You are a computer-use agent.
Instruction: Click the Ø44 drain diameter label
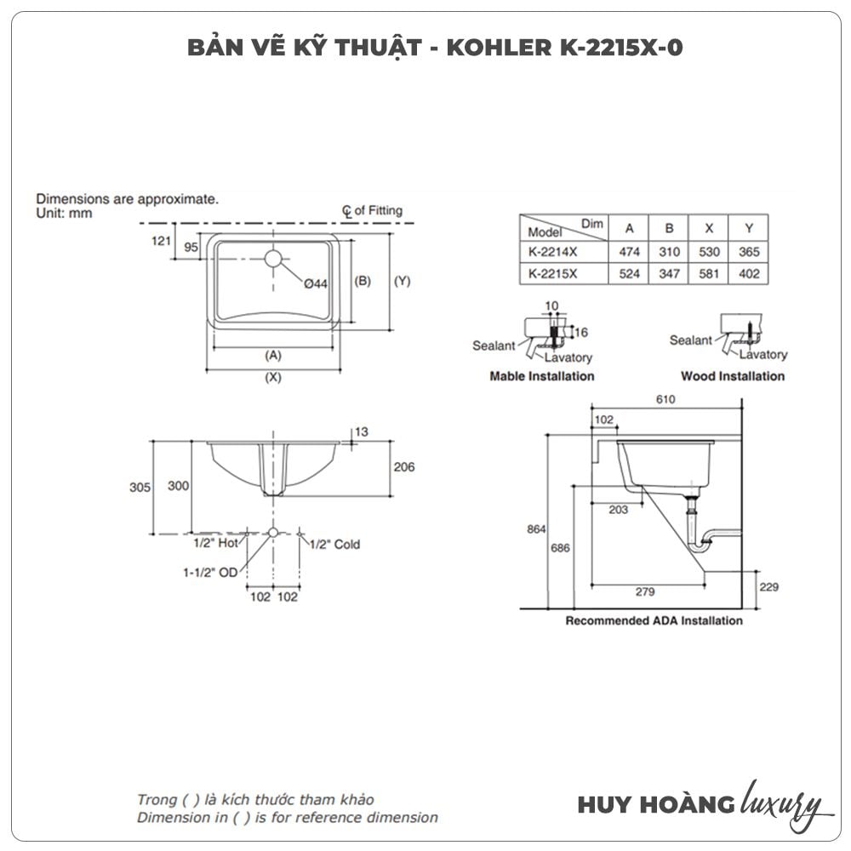click(316, 284)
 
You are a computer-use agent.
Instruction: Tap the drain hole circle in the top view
click(272, 257)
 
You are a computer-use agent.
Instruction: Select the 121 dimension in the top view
click(162, 241)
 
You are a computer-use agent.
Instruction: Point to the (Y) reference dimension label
click(402, 281)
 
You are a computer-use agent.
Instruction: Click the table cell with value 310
click(669, 252)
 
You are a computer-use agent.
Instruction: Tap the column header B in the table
click(669, 228)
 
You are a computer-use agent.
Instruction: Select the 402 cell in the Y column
click(749, 274)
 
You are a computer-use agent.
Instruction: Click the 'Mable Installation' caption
click(542, 376)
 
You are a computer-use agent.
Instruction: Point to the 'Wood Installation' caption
click(733, 376)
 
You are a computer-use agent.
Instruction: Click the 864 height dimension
click(535, 528)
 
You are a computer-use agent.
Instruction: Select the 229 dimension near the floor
click(768, 587)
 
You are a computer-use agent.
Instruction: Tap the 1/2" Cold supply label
click(334, 545)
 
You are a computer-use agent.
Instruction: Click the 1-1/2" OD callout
click(210, 573)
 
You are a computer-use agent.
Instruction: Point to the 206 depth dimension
click(405, 467)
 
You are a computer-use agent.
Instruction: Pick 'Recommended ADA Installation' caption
click(654, 621)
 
